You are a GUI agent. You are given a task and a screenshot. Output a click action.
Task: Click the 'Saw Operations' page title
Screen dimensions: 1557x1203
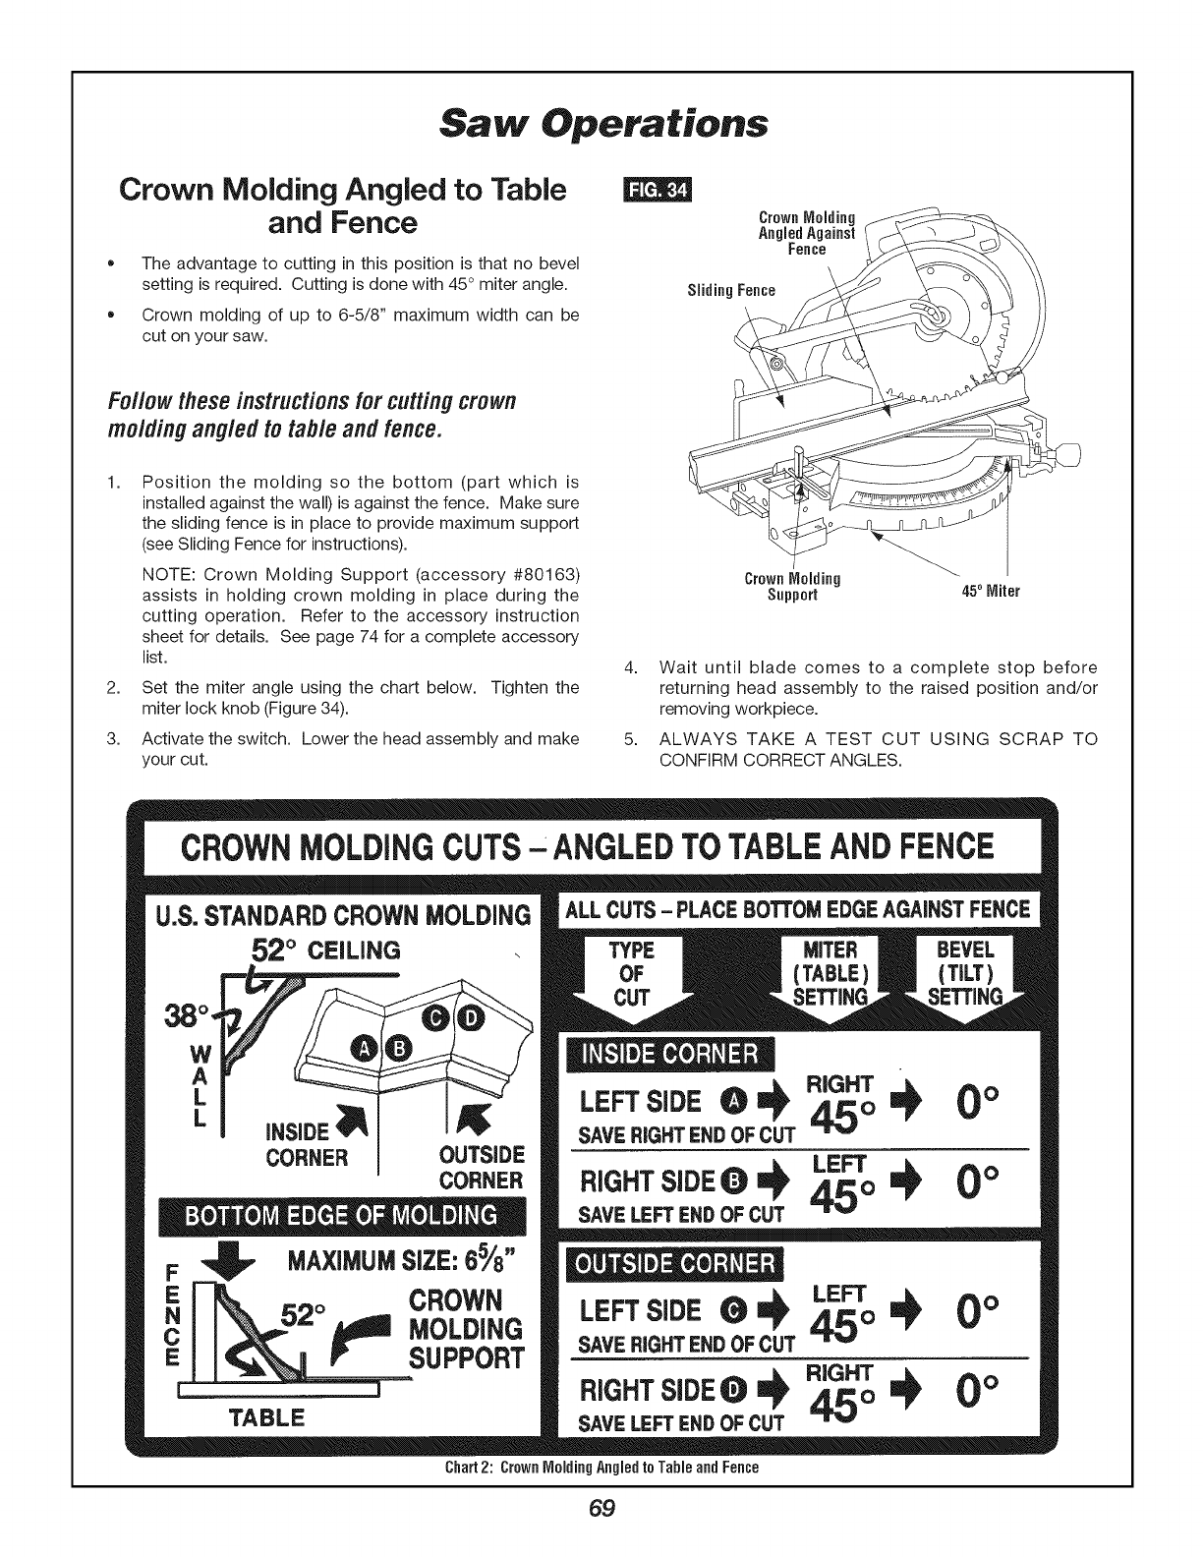coord(601,125)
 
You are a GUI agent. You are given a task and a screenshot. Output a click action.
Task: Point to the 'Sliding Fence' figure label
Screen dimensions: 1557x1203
coord(730,290)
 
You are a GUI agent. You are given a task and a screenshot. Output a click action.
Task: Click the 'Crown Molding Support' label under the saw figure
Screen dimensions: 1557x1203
coord(792,586)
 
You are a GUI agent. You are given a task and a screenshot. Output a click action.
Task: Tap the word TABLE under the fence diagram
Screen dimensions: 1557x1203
coord(266,1418)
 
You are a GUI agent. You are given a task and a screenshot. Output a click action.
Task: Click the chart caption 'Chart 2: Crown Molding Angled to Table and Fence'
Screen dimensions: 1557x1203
coord(601,1468)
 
